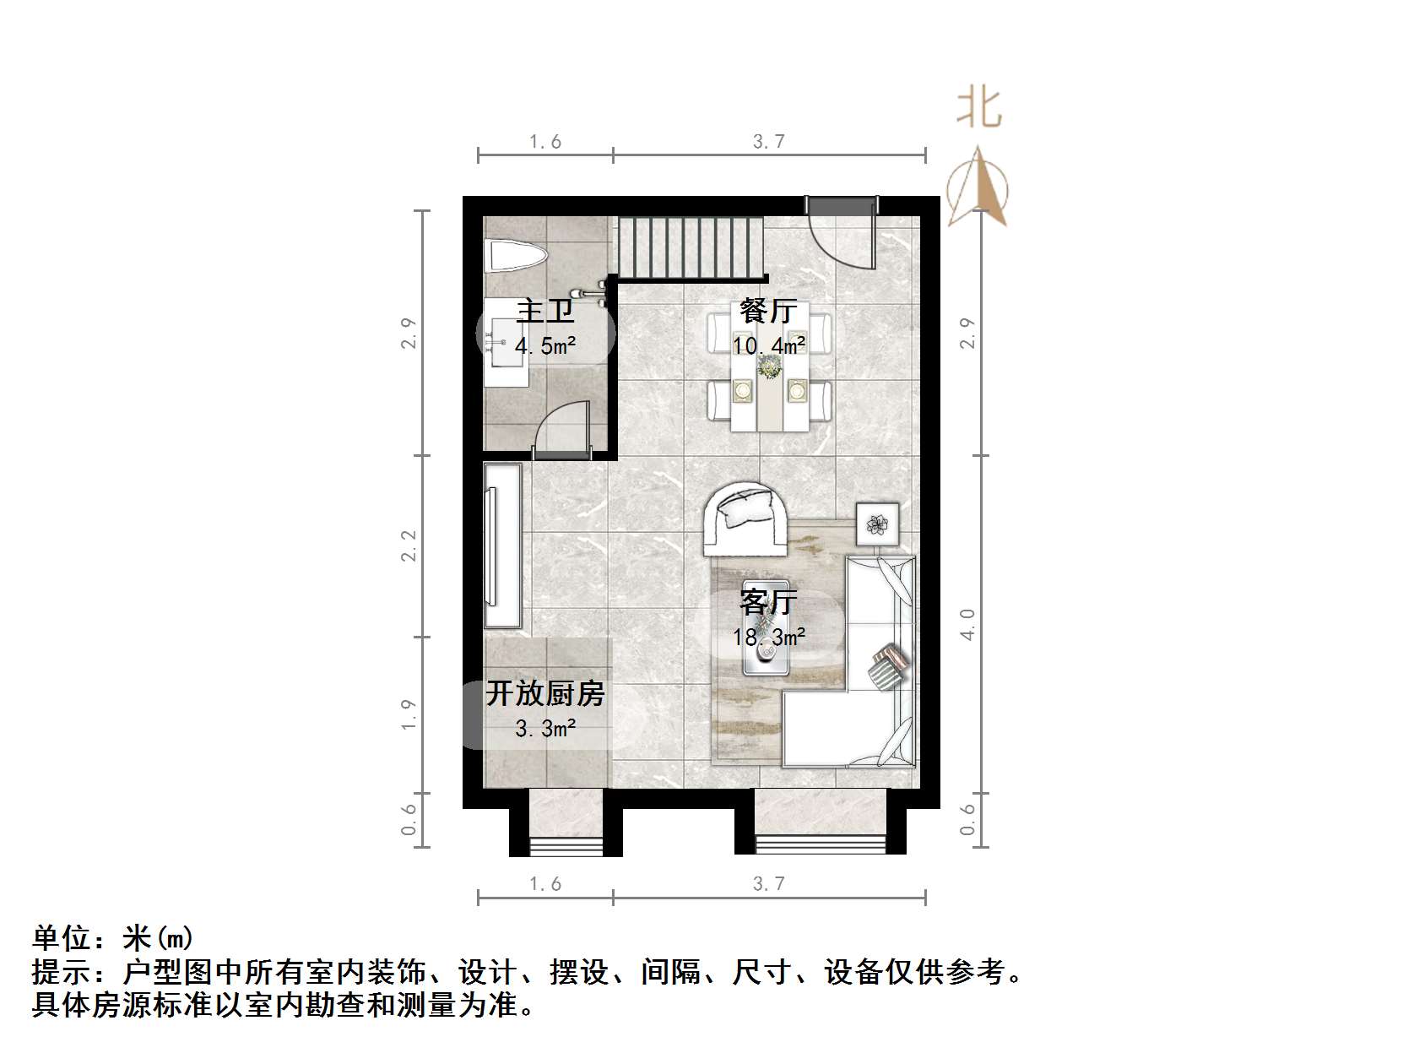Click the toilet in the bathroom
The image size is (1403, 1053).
pyautogui.click(x=514, y=256)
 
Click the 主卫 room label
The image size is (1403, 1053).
pyautogui.click(x=545, y=311)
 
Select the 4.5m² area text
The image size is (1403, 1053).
pyautogui.click(x=545, y=345)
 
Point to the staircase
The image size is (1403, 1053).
pyautogui.click(x=691, y=248)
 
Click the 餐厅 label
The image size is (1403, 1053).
pyautogui.click(x=767, y=311)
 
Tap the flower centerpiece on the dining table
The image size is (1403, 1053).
pyautogui.click(x=769, y=367)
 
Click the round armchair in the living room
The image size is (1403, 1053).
pyautogui.click(x=745, y=518)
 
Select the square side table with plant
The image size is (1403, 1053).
pyautogui.click(x=878, y=524)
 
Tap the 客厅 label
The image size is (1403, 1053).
pyautogui.click(x=767, y=602)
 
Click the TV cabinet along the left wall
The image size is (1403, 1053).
pyautogui.click(x=503, y=545)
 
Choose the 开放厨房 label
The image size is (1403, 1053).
pyautogui.click(x=545, y=693)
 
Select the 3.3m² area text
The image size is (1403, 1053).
pyautogui.click(x=545, y=727)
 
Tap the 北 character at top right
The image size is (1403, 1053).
pyautogui.click(x=978, y=108)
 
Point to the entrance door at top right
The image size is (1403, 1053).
pyautogui.click(x=841, y=232)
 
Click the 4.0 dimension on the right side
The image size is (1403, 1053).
pyautogui.click(x=967, y=624)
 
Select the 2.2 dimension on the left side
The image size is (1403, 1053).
pyautogui.click(x=409, y=545)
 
